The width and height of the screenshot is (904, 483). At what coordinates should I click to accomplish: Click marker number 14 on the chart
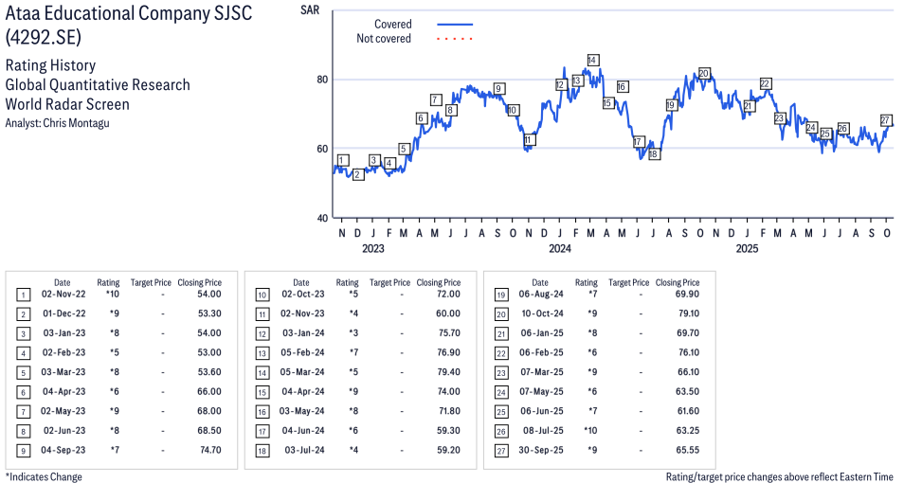[x=592, y=60]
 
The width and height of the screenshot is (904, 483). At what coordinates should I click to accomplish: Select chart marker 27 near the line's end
[x=886, y=120]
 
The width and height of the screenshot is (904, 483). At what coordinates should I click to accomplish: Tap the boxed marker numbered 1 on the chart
[x=342, y=160]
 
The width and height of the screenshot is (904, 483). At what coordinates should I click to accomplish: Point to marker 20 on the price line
[x=704, y=73]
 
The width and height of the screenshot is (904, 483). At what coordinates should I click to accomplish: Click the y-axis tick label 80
[x=321, y=80]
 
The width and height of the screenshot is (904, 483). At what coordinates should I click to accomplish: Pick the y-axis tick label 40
[x=321, y=219]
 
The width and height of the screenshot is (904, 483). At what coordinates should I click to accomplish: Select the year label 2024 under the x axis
[x=560, y=249]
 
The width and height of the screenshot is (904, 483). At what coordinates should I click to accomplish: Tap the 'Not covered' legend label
[x=384, y=39]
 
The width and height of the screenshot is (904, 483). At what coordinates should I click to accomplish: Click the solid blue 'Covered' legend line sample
[x=454, y=24]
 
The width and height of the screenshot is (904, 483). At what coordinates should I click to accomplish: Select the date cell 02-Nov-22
[x=63, y=295]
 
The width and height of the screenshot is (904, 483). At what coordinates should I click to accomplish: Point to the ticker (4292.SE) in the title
[x=44, y=38]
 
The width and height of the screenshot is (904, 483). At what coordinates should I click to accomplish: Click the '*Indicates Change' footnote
[x=44, y=476]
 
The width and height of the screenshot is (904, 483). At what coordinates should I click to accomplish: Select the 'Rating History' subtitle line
[x=50, y=65]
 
